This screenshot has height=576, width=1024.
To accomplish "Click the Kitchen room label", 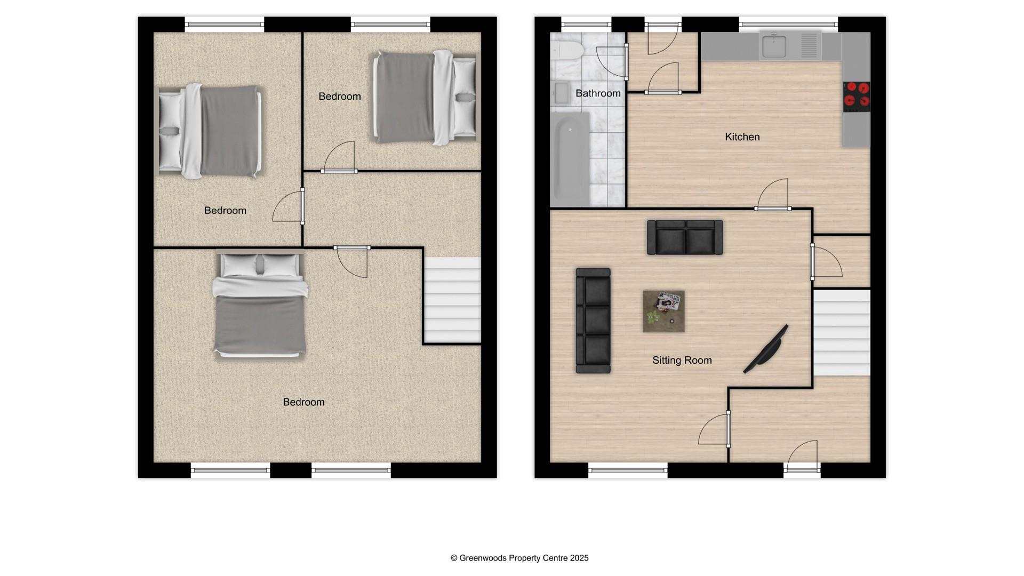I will click(742, 137).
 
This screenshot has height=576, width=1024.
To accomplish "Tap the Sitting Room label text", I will click(682, 361).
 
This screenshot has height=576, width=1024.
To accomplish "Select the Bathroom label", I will click(597, 93).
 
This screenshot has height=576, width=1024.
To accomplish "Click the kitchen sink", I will click(774, 46).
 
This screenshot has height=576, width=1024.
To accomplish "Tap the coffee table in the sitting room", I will click(663, 311).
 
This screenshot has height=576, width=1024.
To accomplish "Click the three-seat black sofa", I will click(593, 321).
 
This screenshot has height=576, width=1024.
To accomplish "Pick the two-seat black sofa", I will click(685, 237).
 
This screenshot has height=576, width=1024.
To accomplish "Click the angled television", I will click(766, 349).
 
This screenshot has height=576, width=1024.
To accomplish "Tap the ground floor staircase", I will click(841, 332).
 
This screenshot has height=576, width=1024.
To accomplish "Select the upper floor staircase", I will click(452, 300).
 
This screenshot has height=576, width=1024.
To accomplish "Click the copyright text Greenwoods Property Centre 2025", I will click(519, 558).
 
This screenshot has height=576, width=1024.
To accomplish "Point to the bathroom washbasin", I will click(561, 93).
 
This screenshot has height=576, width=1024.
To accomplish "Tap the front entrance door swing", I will click(802, 457).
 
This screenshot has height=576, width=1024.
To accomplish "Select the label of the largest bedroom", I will click(303, 402).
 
